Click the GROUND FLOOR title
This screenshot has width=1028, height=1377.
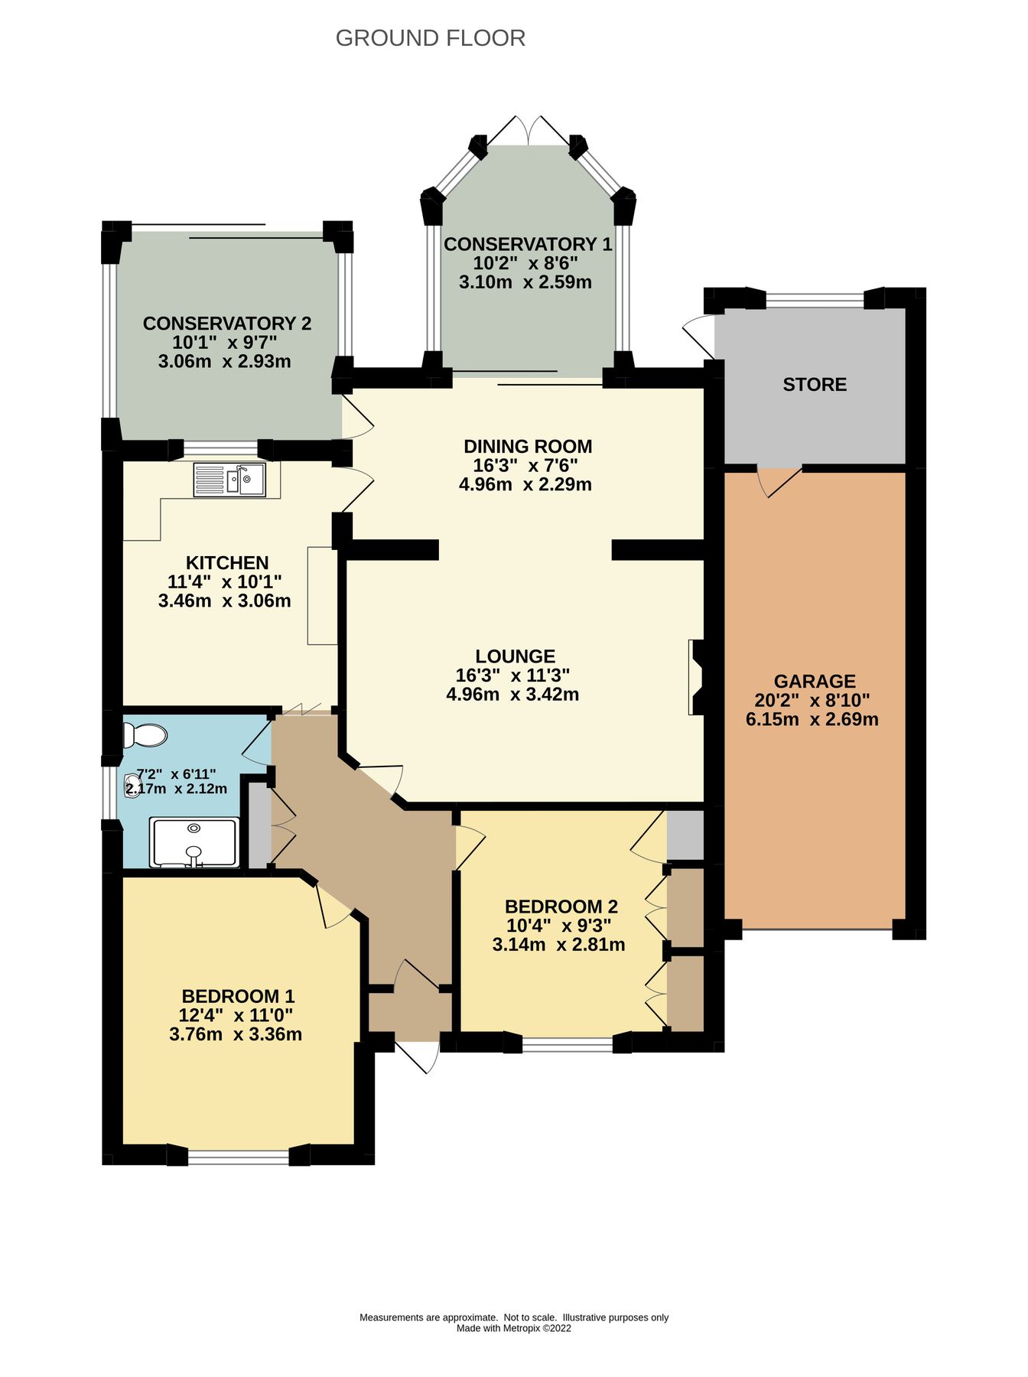430,38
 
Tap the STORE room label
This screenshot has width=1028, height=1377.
815,384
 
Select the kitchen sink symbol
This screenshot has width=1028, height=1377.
229,480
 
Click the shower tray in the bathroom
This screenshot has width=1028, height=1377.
194,842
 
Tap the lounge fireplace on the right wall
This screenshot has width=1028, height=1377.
696,677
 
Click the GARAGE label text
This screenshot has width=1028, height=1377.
814,681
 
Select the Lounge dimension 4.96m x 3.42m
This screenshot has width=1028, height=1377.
512,695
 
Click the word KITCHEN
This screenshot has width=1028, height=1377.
227,563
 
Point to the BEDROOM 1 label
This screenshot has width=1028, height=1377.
238,996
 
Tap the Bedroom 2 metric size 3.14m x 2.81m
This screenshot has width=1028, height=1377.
558,945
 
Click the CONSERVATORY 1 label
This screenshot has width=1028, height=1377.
528,244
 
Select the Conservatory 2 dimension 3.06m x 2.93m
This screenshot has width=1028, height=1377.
224,361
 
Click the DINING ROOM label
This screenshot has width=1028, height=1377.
528,446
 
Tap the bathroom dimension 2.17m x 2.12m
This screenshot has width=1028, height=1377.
176,789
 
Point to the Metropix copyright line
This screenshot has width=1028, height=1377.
513,1328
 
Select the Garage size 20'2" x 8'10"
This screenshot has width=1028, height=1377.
812,700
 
